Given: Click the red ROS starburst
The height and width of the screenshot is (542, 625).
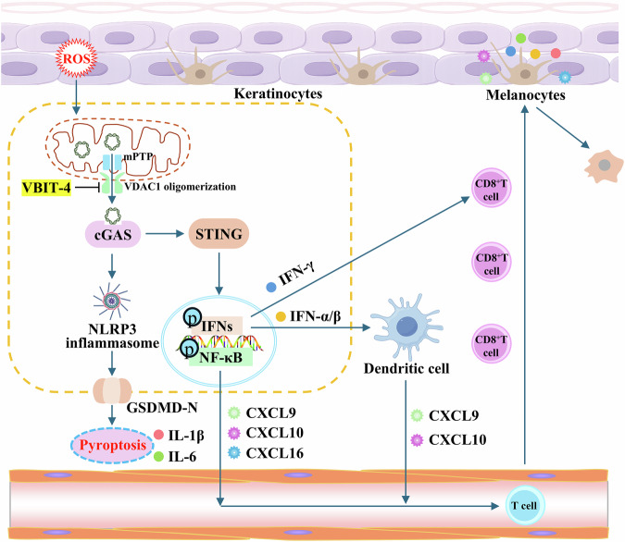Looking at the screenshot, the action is (76, 58).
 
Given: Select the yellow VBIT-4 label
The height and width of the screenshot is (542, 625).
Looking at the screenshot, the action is (46, 188).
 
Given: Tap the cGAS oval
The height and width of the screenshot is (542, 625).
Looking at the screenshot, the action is (113, 234).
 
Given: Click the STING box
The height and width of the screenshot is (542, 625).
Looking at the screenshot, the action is (219, 234).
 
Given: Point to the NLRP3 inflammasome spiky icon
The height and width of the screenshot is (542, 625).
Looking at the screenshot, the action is (112, 301).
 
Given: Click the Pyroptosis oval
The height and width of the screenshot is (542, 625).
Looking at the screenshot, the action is (112, 445).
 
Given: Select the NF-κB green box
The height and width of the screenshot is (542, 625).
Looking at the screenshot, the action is (220, 357).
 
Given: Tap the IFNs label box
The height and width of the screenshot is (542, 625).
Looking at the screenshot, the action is (217, 326).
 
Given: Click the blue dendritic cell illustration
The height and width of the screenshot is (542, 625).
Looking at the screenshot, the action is (406, 326).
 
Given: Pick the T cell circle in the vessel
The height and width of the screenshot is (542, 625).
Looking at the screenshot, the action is (524, 505).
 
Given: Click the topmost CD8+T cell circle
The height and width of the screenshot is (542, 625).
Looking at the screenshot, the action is (491, 188).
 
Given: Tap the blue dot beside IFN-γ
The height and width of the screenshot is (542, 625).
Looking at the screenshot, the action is (271, 287).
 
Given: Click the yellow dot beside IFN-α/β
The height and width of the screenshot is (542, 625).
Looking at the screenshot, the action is (281, 316).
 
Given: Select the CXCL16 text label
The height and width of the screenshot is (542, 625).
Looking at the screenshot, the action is (275, 453).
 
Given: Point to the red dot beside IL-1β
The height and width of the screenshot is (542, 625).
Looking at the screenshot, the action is (158, 435).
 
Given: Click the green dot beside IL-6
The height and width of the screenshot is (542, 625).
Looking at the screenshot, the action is (158, 456).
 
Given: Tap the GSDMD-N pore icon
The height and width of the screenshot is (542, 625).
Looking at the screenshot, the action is (112, 390).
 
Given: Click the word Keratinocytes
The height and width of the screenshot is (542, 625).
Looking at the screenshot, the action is (278, 93).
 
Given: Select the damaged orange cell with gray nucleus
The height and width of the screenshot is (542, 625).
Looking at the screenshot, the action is (604, 166).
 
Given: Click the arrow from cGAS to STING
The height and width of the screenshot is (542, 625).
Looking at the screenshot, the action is (164, 234).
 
